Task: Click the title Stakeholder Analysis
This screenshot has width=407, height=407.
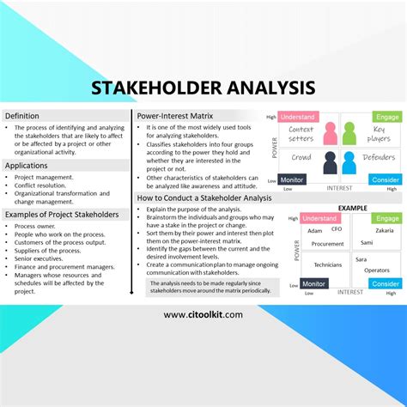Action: (203, 88)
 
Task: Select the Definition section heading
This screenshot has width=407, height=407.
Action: (22, 116)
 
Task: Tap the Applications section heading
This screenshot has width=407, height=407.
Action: (27, 166)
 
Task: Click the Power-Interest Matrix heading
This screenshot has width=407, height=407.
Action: (176, 116)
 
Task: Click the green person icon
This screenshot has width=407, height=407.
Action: (349, 133)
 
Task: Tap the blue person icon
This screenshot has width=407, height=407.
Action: (349, 162)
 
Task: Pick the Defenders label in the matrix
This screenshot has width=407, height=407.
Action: (378, 158)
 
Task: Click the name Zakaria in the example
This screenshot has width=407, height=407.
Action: (384, 231)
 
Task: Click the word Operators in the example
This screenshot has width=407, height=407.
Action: (377, 270)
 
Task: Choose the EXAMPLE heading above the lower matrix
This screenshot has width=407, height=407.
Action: (352, 208)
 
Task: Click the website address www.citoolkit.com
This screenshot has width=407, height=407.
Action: (203, 314)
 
